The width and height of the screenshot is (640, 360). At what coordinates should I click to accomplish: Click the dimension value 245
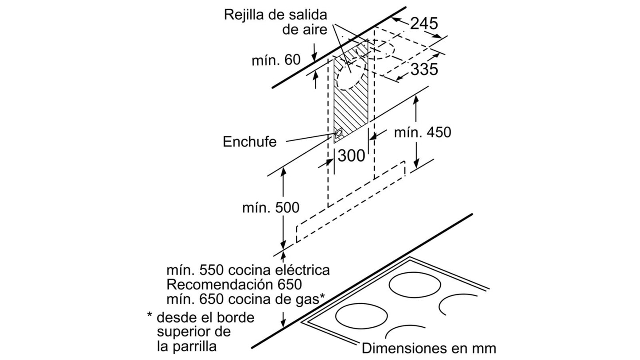point(424,23)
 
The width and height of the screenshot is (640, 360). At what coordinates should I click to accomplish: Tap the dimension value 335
point(424,69)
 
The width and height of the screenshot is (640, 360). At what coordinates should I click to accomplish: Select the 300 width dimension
point(351,156)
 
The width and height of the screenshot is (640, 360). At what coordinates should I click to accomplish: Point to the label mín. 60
point(276,60)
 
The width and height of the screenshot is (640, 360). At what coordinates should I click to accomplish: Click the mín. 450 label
point(423,132)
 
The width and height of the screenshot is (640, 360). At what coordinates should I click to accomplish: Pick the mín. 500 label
point(271,207)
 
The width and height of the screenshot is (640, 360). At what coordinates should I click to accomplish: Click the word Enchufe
point(250,142)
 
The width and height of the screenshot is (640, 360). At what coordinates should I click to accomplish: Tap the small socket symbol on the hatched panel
point(338,133)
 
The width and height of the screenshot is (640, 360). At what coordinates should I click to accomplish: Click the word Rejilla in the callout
point(244,15)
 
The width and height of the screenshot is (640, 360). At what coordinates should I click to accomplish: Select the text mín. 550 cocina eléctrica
point(248,270)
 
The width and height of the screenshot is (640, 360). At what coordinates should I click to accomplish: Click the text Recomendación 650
point(234,285)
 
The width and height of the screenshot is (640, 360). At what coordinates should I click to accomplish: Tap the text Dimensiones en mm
point(429,348)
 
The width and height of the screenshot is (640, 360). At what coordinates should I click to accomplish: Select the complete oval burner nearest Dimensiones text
point(361,316)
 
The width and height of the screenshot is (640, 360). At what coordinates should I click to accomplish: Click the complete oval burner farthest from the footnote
point(415,285)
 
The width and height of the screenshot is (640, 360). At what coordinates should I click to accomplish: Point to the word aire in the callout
point(316,29)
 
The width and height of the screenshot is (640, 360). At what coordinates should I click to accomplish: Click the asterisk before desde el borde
point(150,315)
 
